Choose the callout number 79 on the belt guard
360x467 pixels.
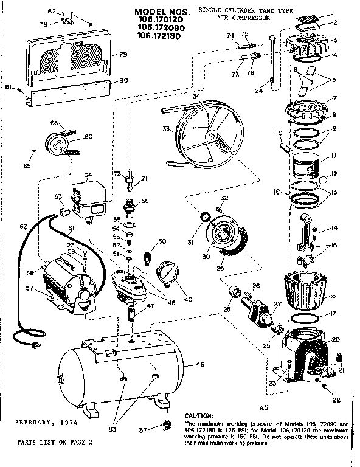[x=123, y=55]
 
